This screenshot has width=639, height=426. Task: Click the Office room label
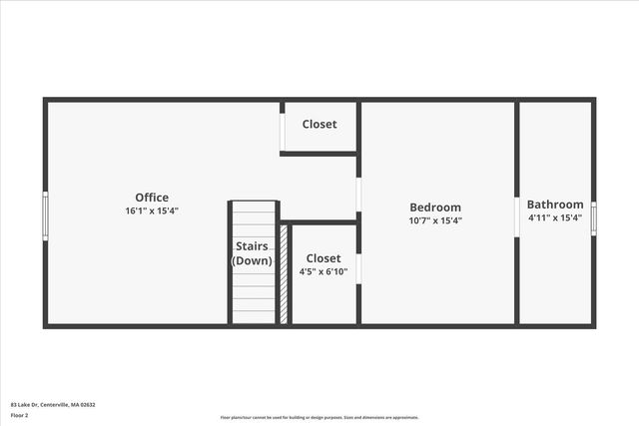click(152, 198)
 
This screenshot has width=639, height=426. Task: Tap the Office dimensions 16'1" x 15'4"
click(152, 212)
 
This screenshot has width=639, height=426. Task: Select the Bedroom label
click(435, 208)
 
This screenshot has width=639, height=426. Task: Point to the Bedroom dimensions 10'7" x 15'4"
click(435, 220)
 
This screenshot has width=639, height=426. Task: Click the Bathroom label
click(555, 205)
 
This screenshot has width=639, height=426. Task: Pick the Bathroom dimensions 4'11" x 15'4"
click(555, 217)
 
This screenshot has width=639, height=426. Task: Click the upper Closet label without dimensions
click(319, 125)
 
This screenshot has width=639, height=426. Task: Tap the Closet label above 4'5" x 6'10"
click(323, 258)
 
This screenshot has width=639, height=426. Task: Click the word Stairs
click(252, 246)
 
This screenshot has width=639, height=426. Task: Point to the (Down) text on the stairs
click(252, 260)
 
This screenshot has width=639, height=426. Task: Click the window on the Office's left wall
click(45, 214)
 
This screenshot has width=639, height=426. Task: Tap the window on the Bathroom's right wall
click(593, 217)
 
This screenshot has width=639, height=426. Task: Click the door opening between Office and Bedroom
click(358, 195)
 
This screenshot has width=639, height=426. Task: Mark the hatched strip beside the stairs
click(284, 273)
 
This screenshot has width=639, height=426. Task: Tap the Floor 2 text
click(20, 414)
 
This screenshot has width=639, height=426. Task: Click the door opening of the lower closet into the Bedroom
click(358, 267)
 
